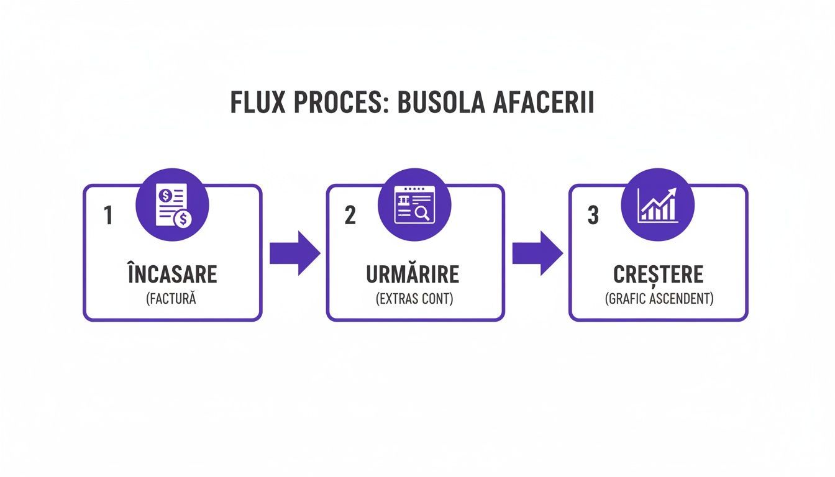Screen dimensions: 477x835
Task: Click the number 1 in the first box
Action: click(108, 216)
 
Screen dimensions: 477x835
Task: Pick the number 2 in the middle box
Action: click(350, 216)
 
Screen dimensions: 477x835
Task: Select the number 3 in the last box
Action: click(593, 216)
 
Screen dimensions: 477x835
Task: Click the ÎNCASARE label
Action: click(172, 275)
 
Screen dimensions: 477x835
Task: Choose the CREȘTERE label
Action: click(658, 275)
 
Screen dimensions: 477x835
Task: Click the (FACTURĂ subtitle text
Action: click(171, 299)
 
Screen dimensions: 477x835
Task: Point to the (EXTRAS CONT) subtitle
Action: click(414, 299)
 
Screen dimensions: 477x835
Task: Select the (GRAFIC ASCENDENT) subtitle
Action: click(659, 299)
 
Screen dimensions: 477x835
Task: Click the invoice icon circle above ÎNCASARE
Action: click(173, 205)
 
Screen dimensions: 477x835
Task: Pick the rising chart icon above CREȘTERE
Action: click(657, 205)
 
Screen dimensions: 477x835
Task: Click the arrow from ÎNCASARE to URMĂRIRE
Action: click(294, 253)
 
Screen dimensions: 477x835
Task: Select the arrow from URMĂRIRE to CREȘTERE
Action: click(537, 253)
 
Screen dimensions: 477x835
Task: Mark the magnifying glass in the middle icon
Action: click(422, 214)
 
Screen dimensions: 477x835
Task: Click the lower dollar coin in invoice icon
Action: click(183, 219)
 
